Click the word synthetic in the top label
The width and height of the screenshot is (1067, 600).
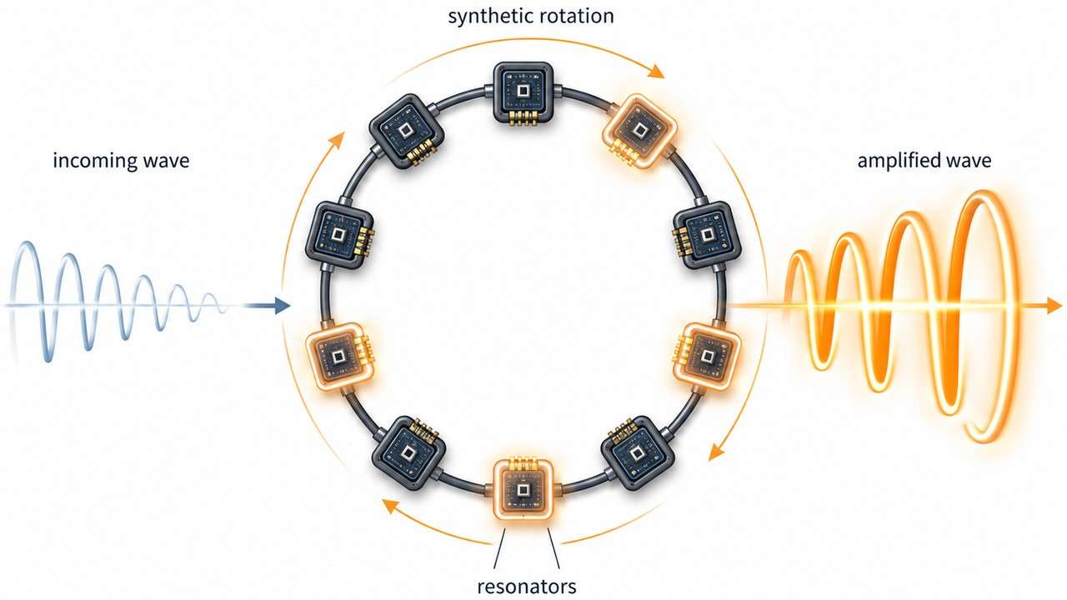tap(488, 16)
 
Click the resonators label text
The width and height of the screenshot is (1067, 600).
tap(526, 586)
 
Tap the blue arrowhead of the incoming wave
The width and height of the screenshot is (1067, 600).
tap(283, 305)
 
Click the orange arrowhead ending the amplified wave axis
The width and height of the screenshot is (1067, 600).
tap(1054, 305)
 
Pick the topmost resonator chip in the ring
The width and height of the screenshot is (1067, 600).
tap(523, 93)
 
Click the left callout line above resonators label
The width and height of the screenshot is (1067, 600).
tap(499, 548)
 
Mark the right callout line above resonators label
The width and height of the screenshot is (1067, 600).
tap(554, 548)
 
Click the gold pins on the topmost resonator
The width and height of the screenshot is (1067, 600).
tap(523, 118)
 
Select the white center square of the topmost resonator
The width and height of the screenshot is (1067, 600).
tap(523, 91)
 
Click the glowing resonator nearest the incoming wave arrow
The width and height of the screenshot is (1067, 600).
tap(338, 357)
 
